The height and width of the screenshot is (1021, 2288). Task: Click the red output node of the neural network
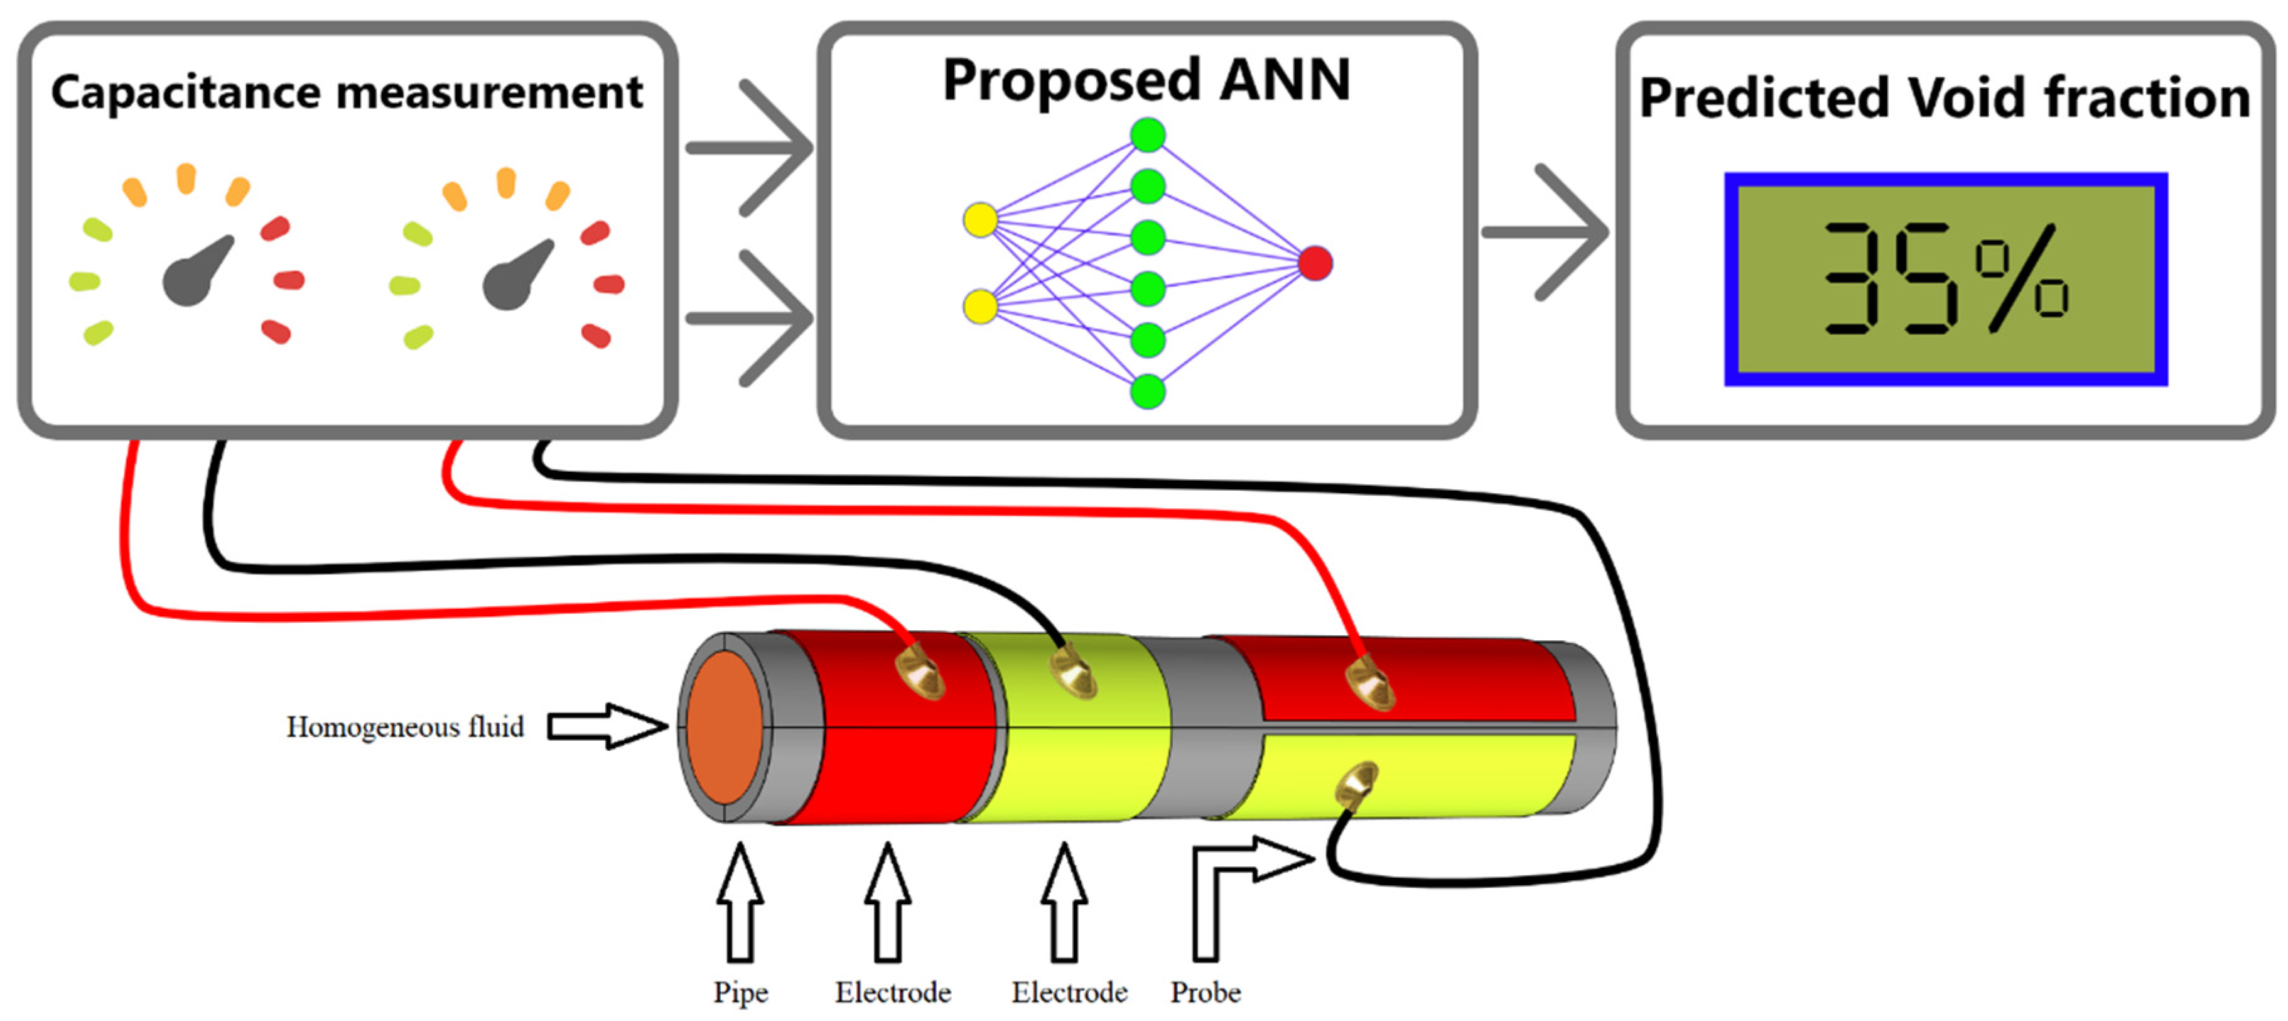click(x=1315, y=263)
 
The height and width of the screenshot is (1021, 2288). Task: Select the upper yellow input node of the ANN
click(x=979, y=219)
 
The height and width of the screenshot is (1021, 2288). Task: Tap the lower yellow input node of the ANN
click(x=979, y=306)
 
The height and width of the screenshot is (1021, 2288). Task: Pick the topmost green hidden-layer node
click(x=1148, y=135)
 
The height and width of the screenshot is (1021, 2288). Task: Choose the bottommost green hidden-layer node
click(x=1148, y=391)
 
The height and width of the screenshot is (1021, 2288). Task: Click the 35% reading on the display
click(x=1945, y=279)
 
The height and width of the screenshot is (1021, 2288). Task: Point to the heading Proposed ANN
click(x=1146, y=80)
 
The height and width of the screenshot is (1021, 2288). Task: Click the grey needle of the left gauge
click(x=195, y=272)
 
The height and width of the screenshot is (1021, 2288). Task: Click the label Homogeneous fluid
click(x=405, y=727)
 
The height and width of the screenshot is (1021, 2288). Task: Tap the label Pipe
click(x=740, y=991)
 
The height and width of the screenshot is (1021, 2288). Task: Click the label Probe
click(x=1206, y=991)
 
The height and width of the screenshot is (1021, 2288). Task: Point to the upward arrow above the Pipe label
click(x=740, y=902)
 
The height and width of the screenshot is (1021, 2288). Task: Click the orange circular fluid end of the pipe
click(x=724, y=728)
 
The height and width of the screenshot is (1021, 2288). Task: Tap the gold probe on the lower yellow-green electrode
click(x=1356, y=783)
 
